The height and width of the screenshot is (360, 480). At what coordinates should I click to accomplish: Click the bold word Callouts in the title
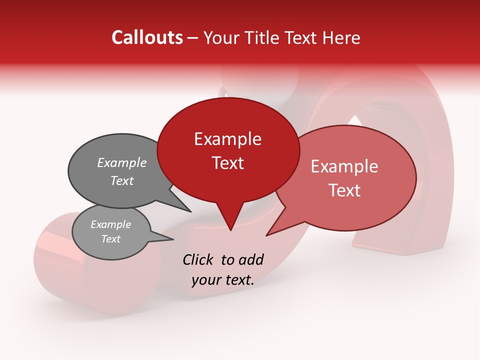pyautogui.click(x=147, y=37)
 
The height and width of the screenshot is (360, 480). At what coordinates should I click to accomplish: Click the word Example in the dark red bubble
pyautogui.click(x=227, y=139)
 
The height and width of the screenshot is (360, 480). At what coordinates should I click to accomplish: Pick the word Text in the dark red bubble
pyautogui.click(x=228, y=163)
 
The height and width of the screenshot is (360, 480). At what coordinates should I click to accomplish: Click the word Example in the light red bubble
pyautogui.click(x=344, y=166)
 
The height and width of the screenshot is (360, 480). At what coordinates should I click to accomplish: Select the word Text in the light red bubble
pyautogui.click(x=345, y=190)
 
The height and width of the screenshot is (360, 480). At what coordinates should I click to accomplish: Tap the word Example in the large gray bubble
pyautogui.click(x=122, y=163)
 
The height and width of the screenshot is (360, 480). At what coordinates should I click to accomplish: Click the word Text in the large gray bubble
pyautogui.click(x=122, y=180)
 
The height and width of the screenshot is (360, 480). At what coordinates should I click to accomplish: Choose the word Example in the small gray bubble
pyautogui.click(x=111, y=224)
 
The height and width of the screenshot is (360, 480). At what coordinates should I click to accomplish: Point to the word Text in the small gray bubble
pyautogui.click(x=111, y=239)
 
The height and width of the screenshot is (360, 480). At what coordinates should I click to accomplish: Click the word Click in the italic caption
pyautogui.click(x=199, y=259)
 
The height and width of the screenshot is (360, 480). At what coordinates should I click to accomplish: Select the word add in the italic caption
pyautogui.click(x=250, y=259)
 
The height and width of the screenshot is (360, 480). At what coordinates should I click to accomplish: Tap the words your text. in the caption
pyautogui.click(x=223, y=280)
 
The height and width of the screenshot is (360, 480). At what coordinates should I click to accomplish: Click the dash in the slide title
pyautogui.click(x=193, y=37)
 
